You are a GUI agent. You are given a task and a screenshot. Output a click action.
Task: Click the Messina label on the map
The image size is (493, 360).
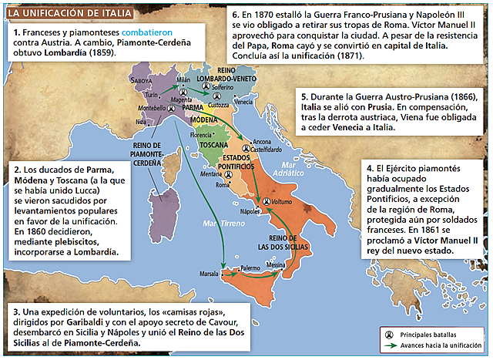(x=277, y=264)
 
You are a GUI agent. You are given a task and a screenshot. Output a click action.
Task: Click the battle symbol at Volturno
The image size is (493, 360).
(x=267, y=201)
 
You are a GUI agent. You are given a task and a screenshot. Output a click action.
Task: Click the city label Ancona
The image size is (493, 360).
(x=262, y=143)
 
